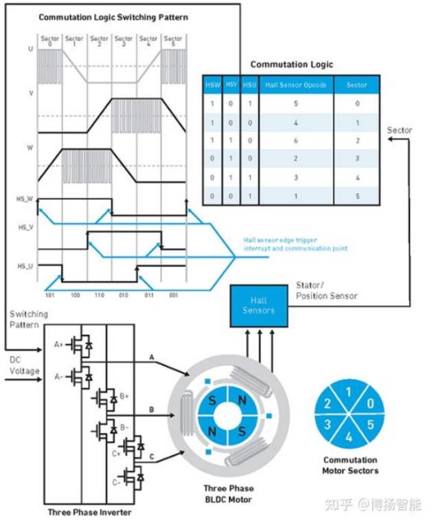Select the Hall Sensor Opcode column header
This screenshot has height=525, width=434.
click(296, 85)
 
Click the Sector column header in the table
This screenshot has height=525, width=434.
click(356, 85)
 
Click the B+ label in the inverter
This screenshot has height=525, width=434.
click(125, 396)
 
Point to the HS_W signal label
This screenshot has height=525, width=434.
click(25, 199)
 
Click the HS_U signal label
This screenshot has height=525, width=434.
click(25, 265)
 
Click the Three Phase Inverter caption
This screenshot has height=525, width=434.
click(89, 512)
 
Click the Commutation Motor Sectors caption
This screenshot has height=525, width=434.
click(350, 465)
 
